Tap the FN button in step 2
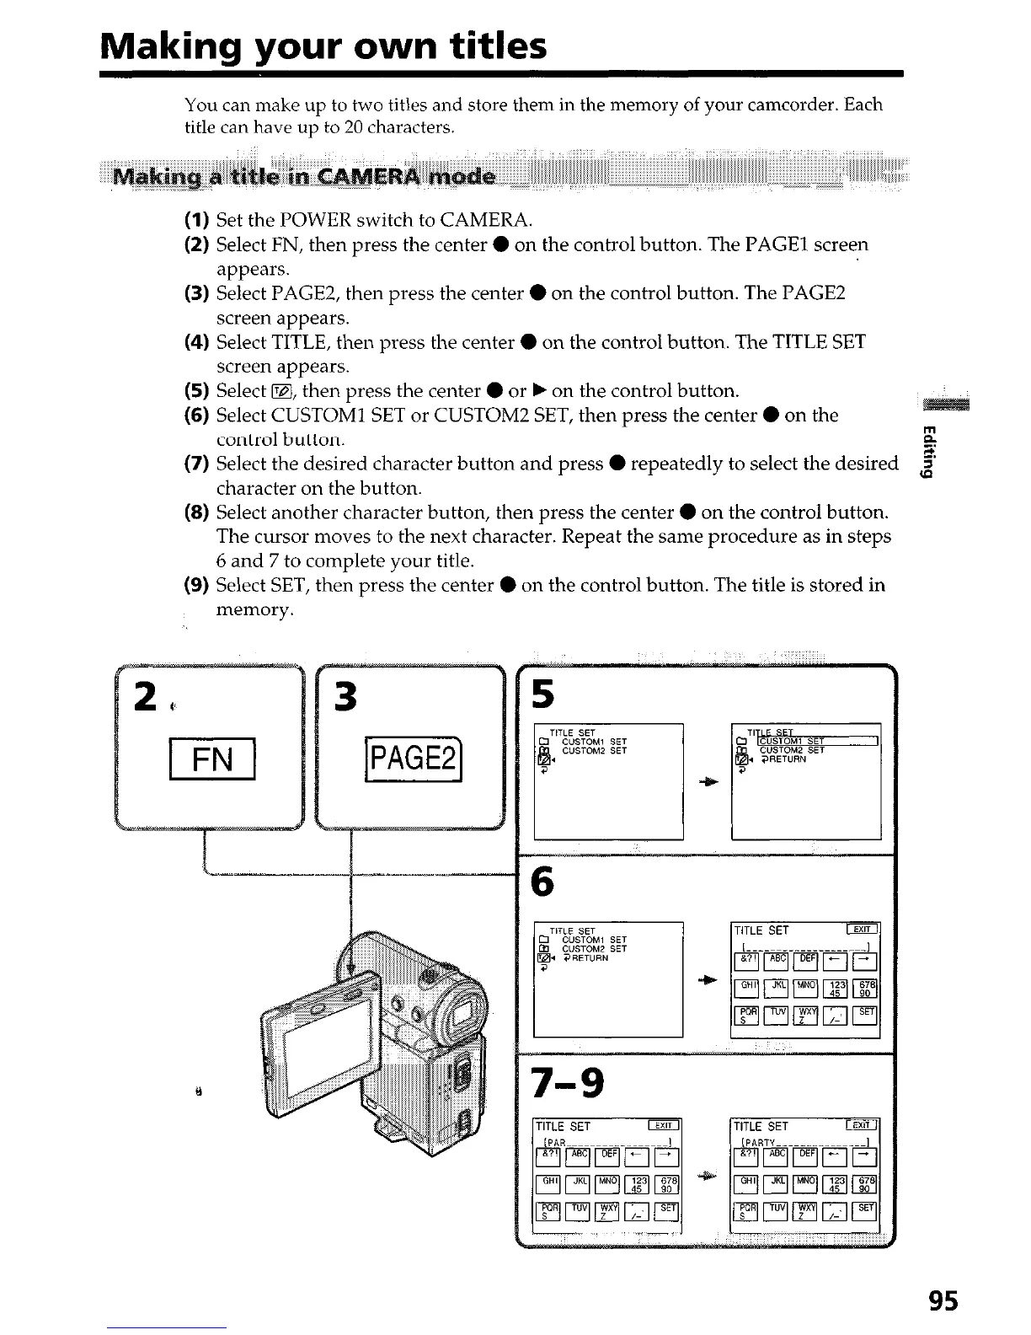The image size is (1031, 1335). coord(212,760)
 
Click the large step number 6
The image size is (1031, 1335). coord(544,882)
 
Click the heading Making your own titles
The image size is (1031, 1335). coord(323,46)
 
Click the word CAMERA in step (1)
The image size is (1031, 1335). coord(483,221)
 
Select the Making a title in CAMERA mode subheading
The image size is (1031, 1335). coord(306,178)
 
